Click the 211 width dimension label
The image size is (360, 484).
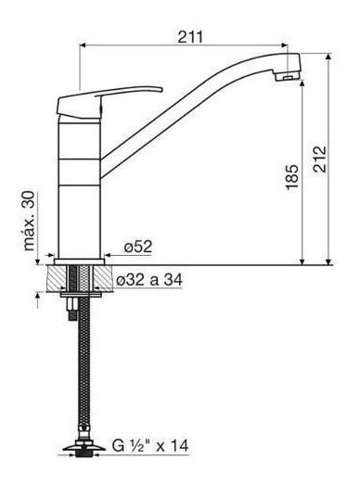tap(190, 37)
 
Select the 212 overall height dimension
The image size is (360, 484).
tap(319, 159)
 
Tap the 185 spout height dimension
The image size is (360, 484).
tap(292, 177)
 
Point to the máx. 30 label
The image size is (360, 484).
tap(29, 221)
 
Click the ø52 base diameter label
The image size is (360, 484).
tap(138, 247)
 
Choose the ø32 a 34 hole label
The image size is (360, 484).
tap(149, 280)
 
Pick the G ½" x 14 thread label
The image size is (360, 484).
tap(150, 446)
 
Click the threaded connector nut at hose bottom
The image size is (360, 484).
tap(82, 453)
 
